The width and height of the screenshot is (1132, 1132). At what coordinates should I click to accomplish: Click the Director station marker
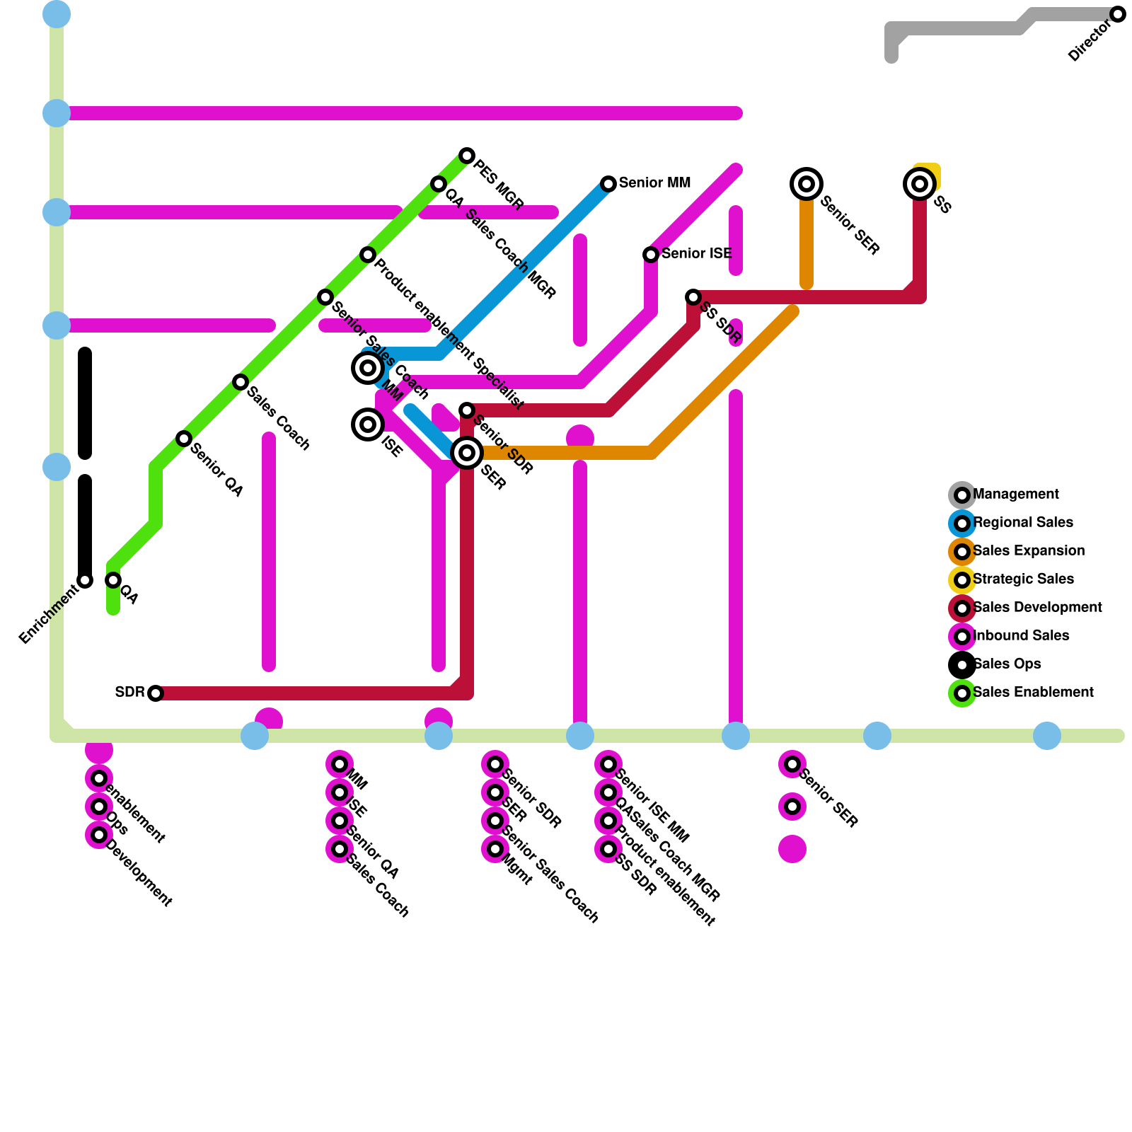coord(1118,14)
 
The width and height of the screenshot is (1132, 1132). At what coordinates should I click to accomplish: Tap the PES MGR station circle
coord(467,156)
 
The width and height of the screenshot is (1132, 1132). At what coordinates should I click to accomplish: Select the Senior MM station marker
coord(608,184)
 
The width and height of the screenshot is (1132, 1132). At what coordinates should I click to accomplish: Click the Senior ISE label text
coord(696,253)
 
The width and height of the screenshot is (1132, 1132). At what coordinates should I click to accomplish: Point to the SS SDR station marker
coord(693,297)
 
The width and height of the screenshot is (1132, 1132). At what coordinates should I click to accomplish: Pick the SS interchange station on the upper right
coord(920,184)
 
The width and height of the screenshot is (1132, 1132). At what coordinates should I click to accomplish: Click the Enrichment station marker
coord(85,580)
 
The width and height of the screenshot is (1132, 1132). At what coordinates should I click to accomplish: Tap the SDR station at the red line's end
coord(156,693)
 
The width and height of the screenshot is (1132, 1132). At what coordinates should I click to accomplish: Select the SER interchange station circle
coord(467,453)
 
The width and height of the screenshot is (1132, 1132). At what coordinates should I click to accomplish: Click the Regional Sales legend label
coord(1023,523)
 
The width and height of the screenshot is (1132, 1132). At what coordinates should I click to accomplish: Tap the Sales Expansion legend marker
coord(962,552)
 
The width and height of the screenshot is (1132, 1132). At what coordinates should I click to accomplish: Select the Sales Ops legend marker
coord(962,665)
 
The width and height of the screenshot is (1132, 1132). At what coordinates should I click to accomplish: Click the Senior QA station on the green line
coord(184,439)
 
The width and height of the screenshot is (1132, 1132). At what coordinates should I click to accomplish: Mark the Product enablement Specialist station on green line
coord(368,255)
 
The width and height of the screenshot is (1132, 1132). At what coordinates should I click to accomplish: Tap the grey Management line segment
coord(955,28)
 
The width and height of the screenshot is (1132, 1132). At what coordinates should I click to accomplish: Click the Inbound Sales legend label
coord(1021,636)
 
